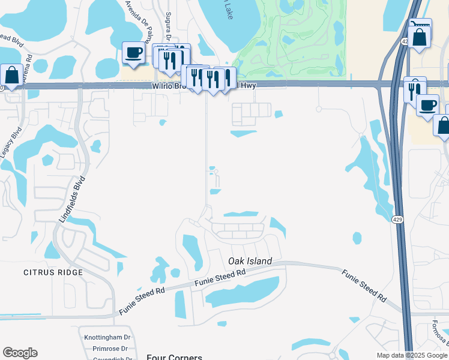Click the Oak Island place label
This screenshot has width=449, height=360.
coord(250,261)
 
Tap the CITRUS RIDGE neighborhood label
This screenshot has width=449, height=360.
coord(47,272)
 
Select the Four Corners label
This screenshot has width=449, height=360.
coord(174,356)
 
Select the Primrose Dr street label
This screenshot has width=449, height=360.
coord(107,348)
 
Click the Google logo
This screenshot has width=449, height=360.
coord(20,353)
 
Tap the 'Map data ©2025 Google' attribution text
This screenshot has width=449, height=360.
coord(411,355)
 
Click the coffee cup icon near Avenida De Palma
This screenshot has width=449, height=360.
coord(133,52)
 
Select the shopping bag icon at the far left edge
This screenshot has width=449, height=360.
coord(12,76)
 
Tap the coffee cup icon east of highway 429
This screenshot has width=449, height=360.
coord(427,105)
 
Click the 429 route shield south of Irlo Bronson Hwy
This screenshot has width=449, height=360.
coord(399,220)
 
